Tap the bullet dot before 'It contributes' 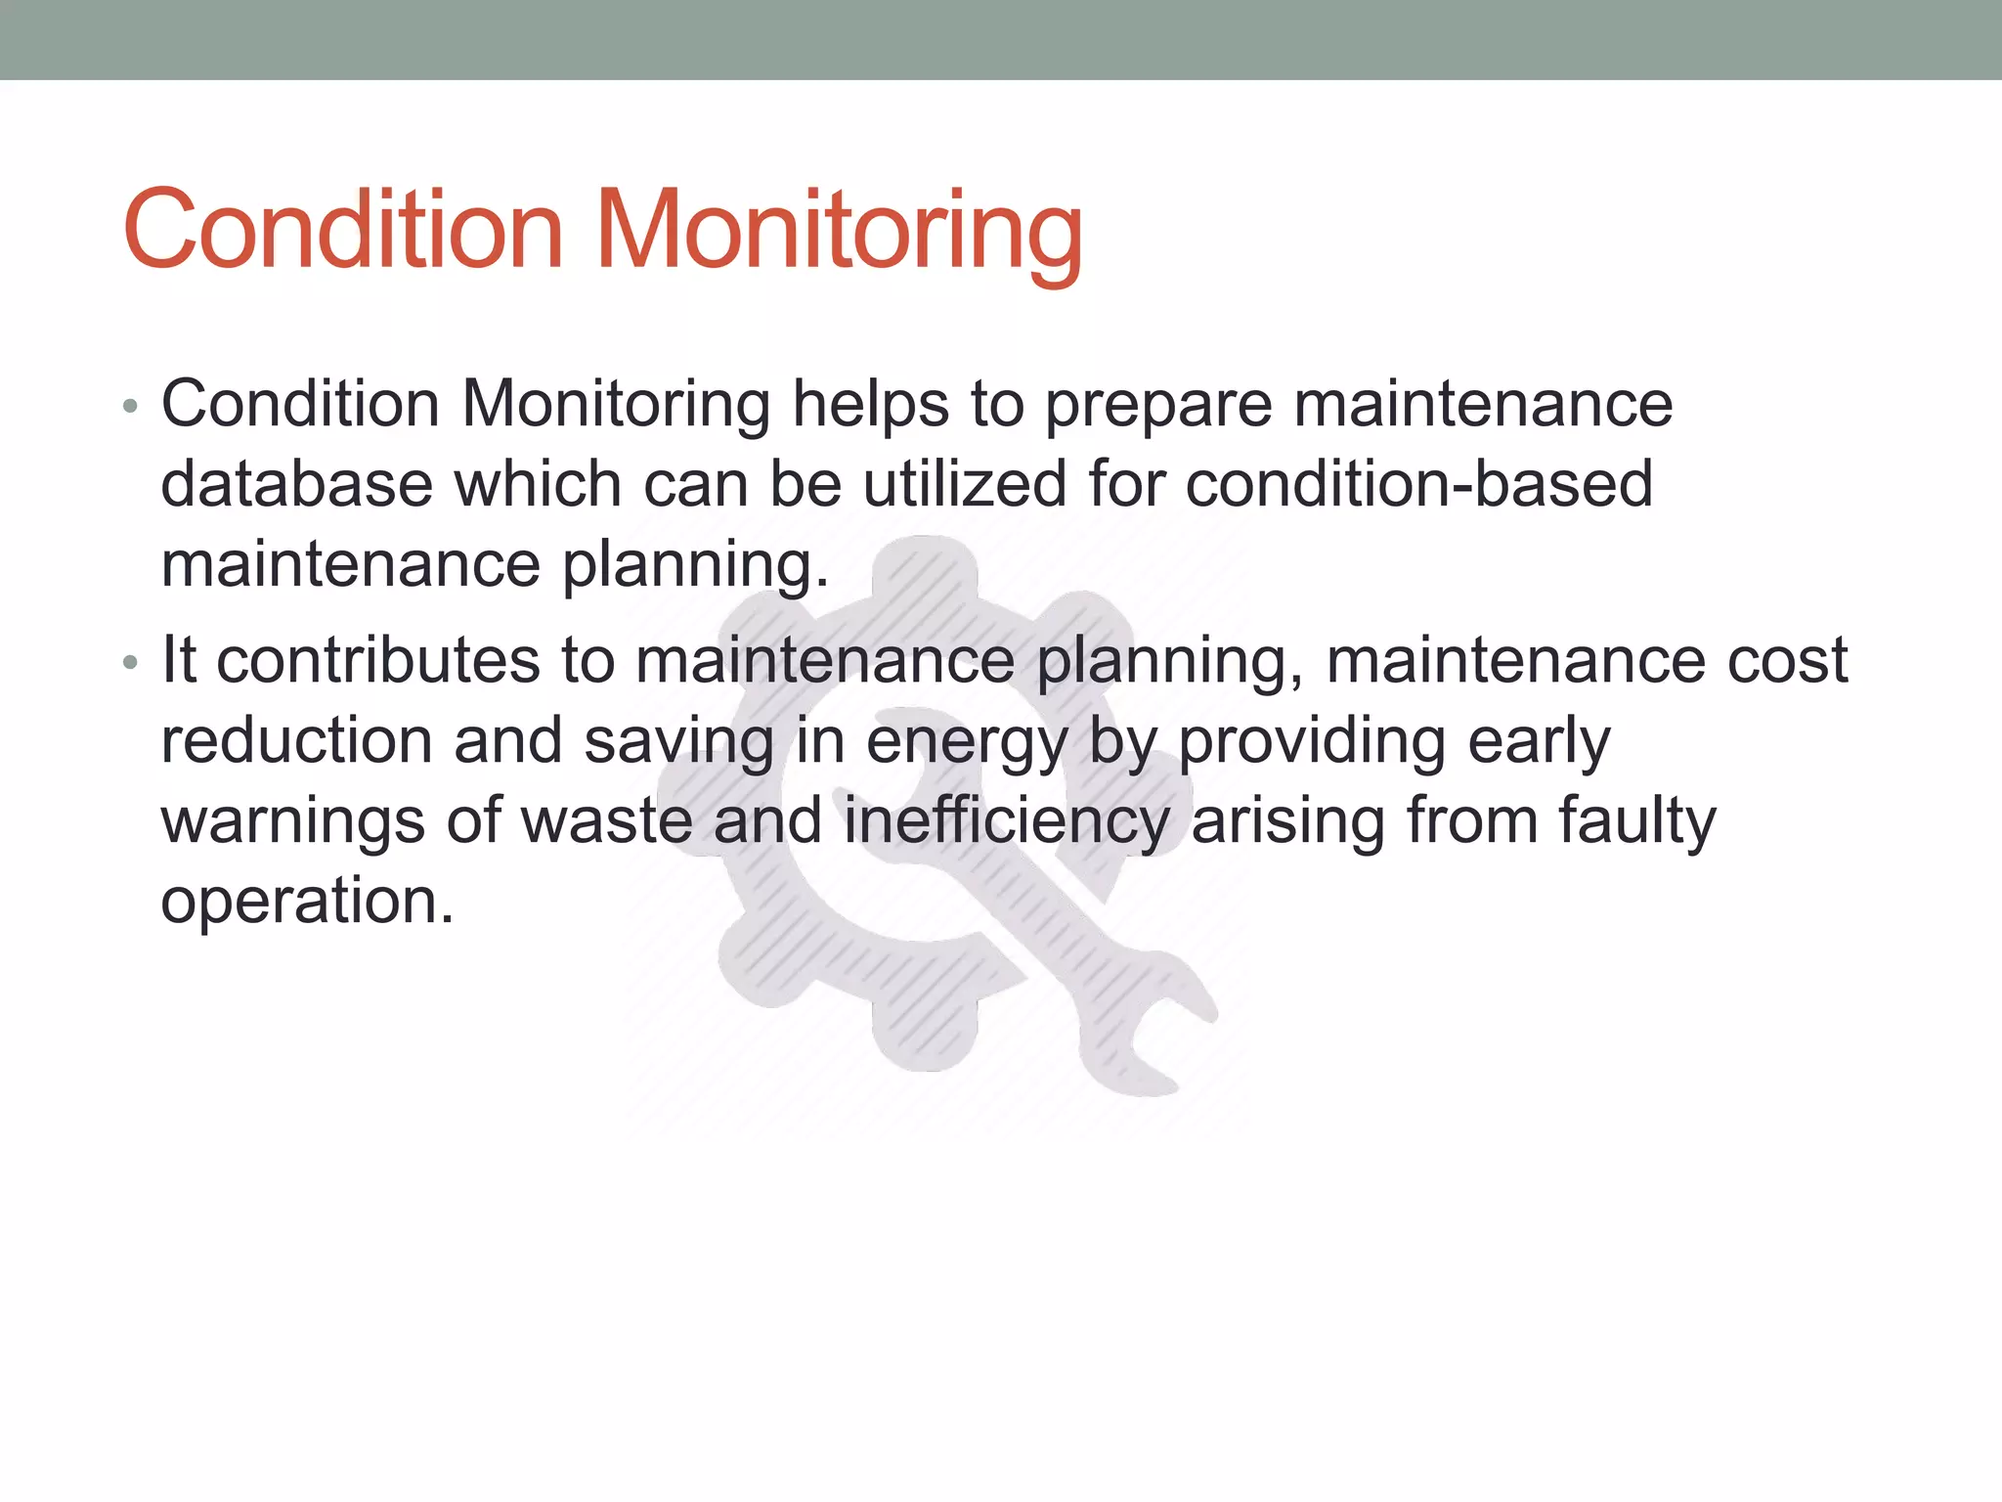pyautogui.click(x=131, y=662)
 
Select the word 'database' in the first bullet pyautogui.click(x=294, y=484)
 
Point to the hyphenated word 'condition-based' pyautogui.click(x=1418, y=484)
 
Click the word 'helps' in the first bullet pyautogui.click(x=870, y=405)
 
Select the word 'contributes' pyautogui.click(x=377, y=660)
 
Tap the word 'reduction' pyautogui.click(x=296, y=740)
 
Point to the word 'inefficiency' pyautogui.click(x=1006, y=821)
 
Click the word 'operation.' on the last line pyautogui.click(x=307, y=902)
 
